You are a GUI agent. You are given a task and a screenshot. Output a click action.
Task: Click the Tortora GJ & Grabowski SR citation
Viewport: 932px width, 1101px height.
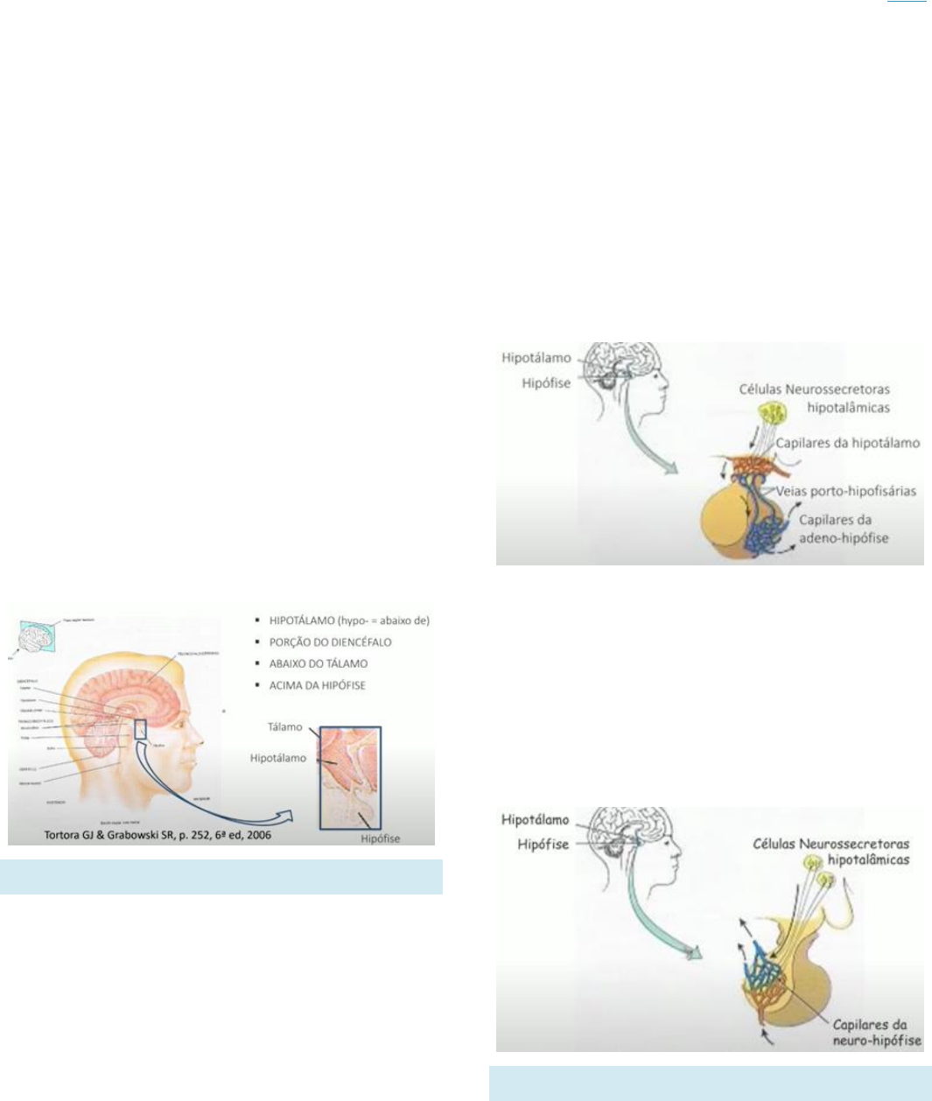pos(158,835)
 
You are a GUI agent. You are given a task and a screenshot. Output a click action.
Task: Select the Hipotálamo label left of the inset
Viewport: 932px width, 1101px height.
pos(278,759)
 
